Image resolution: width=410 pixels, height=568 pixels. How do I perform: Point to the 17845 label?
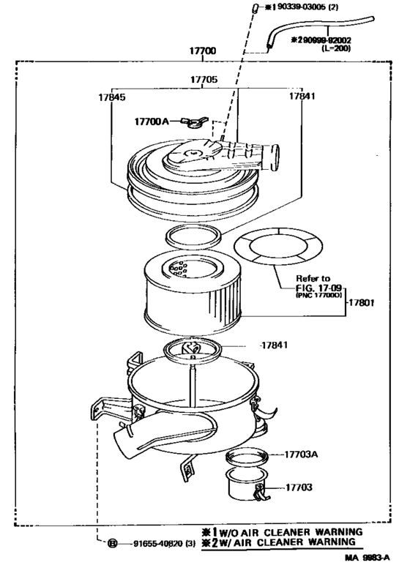pyautogui.click(x=111, y=97)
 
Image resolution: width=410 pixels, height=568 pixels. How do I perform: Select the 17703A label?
pyautogui.click(x=300, y=455)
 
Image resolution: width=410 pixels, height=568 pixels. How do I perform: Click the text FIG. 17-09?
pyautogui.click(x=317, y=288)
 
